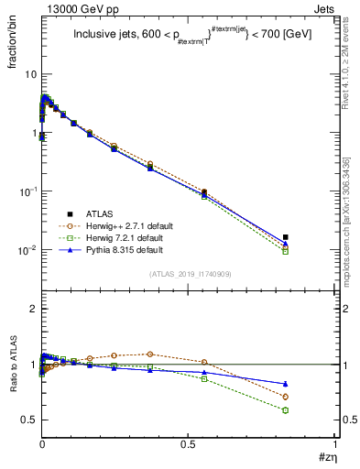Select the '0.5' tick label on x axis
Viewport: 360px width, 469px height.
click(188, 444)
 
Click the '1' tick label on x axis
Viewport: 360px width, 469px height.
click(335, 444)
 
